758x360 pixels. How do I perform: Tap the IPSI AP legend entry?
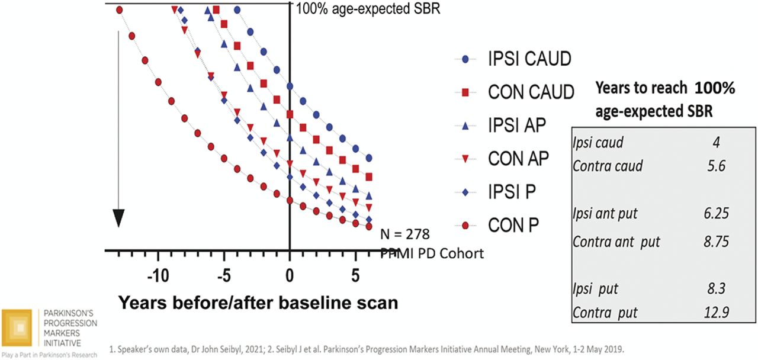tap(516, 126)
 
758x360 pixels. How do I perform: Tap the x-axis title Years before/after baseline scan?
tap(258, 303)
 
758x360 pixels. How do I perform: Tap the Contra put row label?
tap(605, 311)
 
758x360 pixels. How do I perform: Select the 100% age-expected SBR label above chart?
tap(367, 9)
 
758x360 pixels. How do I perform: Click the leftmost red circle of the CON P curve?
tap(120, 9)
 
